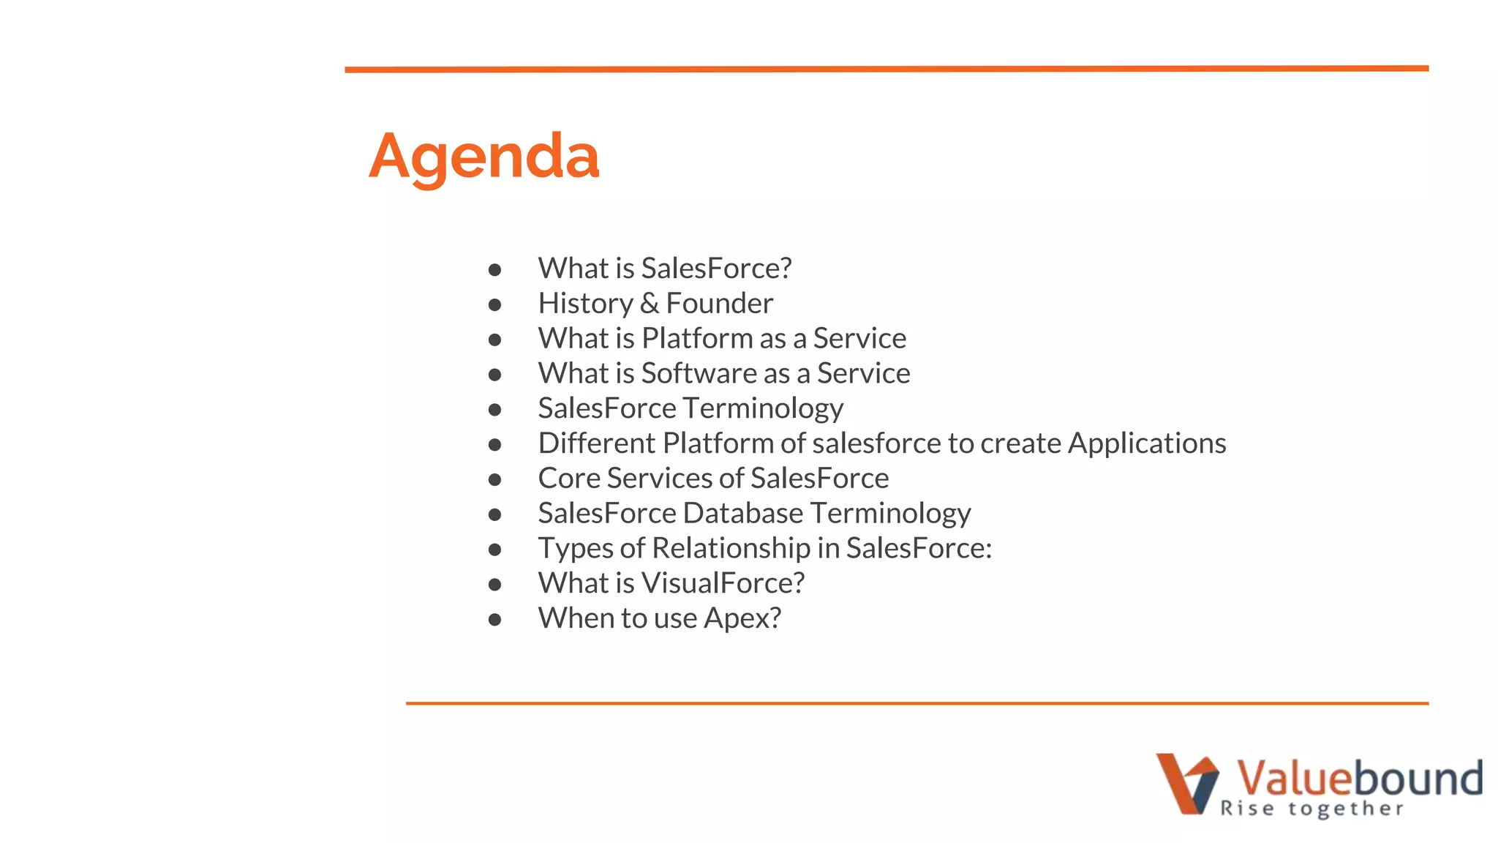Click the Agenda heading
point(483,157)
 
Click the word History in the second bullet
point(585,304)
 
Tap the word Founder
point(719,304)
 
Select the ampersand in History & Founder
point(650,304)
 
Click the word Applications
point(1146,443)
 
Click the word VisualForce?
point(723,583)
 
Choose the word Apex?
point(742,619)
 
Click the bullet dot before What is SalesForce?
point(494,270)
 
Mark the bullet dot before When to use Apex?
point(494,620)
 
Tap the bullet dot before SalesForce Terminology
point(494,410)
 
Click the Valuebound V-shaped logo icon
point(1186,783)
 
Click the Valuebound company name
point(1359,777)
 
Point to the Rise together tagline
point(1311,809)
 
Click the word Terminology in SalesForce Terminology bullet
point(762,409)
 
